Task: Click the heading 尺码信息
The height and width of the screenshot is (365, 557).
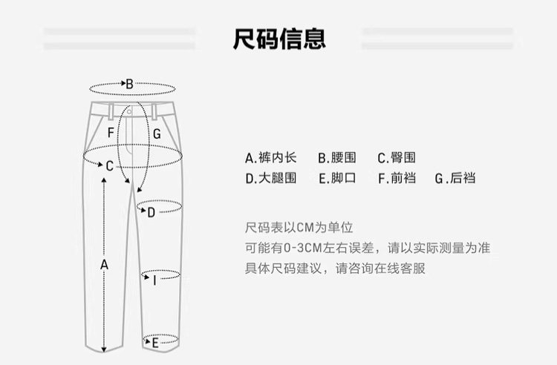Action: tap(279, 37)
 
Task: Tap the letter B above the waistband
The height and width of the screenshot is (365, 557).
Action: tap(128, 85)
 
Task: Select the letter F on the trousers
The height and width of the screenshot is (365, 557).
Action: tap(111, 133)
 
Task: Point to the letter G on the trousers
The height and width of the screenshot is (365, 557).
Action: tap(157, 134)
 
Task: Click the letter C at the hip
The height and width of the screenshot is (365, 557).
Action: tap(109, 166)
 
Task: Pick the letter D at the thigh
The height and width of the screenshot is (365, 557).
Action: tap(151, 213)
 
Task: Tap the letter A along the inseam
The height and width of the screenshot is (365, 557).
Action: tap(104, 264)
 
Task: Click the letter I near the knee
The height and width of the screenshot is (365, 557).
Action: tap(154, 280)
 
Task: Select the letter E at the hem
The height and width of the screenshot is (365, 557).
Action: tap(155, 343)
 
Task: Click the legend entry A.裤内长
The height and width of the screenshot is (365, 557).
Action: tap(270, 157)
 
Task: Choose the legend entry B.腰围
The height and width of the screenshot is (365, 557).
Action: tap(337, 157)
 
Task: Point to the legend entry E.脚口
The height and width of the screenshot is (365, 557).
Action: tap(337, 178)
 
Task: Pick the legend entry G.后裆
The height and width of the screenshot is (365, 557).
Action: tap(455, 178)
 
